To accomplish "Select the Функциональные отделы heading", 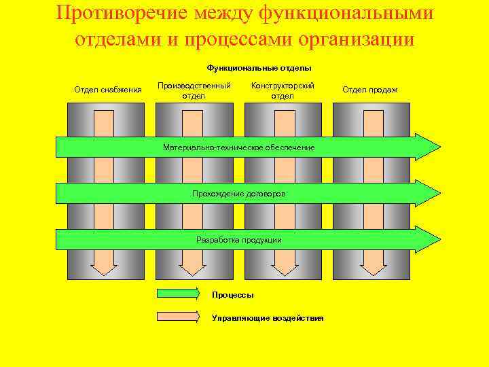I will click(259, 68).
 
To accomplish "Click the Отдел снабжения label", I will click(107, 90).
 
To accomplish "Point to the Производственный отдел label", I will click(194, 90).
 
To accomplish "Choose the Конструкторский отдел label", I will click(283, 90).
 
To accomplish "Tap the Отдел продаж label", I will click(370, 90).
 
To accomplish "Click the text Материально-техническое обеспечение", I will click(239, 147).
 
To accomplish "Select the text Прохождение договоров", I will click(239, 194).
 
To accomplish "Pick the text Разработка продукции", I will click(239, 240).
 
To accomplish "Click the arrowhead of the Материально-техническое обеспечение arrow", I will click(428, 147).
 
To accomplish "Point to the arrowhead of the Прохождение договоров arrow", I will click(428, 193).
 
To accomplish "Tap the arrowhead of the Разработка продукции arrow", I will click(428, 239).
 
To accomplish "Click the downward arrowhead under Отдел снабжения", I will click(104, 267).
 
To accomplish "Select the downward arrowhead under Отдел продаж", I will click(373, 267).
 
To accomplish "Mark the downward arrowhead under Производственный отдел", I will click(193, 267).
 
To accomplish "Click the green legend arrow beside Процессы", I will click(179, 294).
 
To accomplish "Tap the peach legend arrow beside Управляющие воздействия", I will click(179, 317).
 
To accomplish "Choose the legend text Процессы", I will click(233, 295).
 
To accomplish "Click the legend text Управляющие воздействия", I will click(268, 318).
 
